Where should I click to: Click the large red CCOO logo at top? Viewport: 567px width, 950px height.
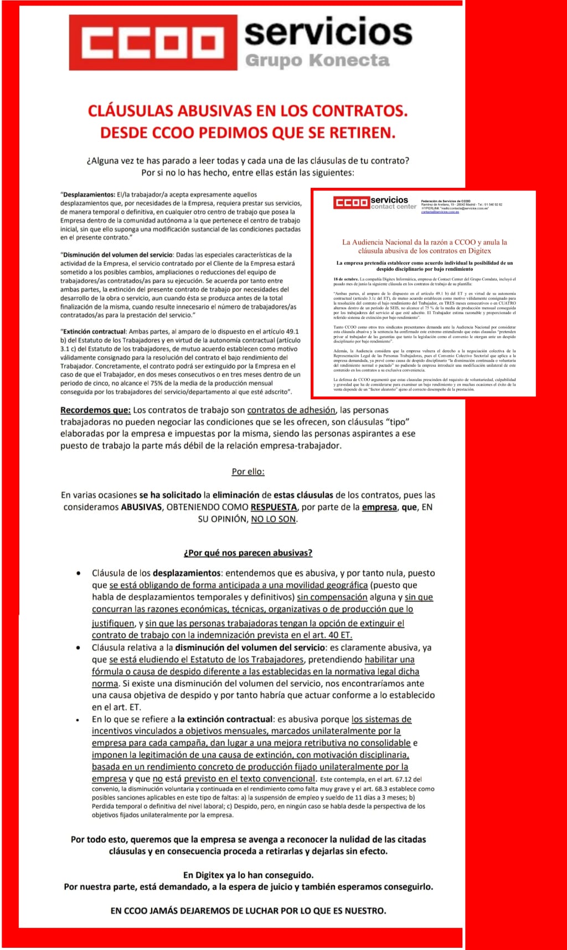[153, 43]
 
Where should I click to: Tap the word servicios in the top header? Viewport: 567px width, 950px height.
[328, 32]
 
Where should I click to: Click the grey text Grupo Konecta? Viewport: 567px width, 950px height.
[317, 60]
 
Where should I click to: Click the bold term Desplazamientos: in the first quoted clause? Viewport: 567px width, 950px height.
[89, 195]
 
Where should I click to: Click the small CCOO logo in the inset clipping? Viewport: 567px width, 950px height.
[351, 203]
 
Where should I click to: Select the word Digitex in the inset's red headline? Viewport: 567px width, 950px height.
[480, 250]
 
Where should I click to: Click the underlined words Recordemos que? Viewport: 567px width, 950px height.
[95, 410]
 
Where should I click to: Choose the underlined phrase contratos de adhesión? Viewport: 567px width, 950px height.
[291, 410]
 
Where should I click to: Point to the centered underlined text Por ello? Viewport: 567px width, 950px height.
[248, 472]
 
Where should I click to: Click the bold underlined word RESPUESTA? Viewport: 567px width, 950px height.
[274, 507]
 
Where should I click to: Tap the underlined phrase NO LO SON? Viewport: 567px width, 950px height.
[274, 520]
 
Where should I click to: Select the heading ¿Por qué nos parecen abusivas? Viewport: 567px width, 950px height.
[248, 553]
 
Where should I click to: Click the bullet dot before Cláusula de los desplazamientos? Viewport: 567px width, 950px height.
[80, 573]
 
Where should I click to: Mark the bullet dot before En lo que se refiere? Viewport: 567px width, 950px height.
[80, 720]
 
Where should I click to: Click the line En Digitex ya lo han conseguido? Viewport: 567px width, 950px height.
[248, 875]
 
